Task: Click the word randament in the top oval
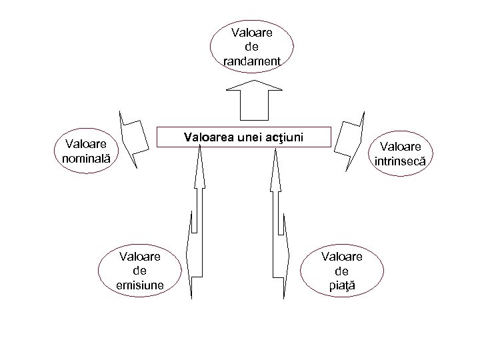click(252, 61)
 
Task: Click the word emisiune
click(140, 286)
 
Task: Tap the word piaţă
click(342, 286)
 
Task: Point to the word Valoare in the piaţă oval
click(342, 257)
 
